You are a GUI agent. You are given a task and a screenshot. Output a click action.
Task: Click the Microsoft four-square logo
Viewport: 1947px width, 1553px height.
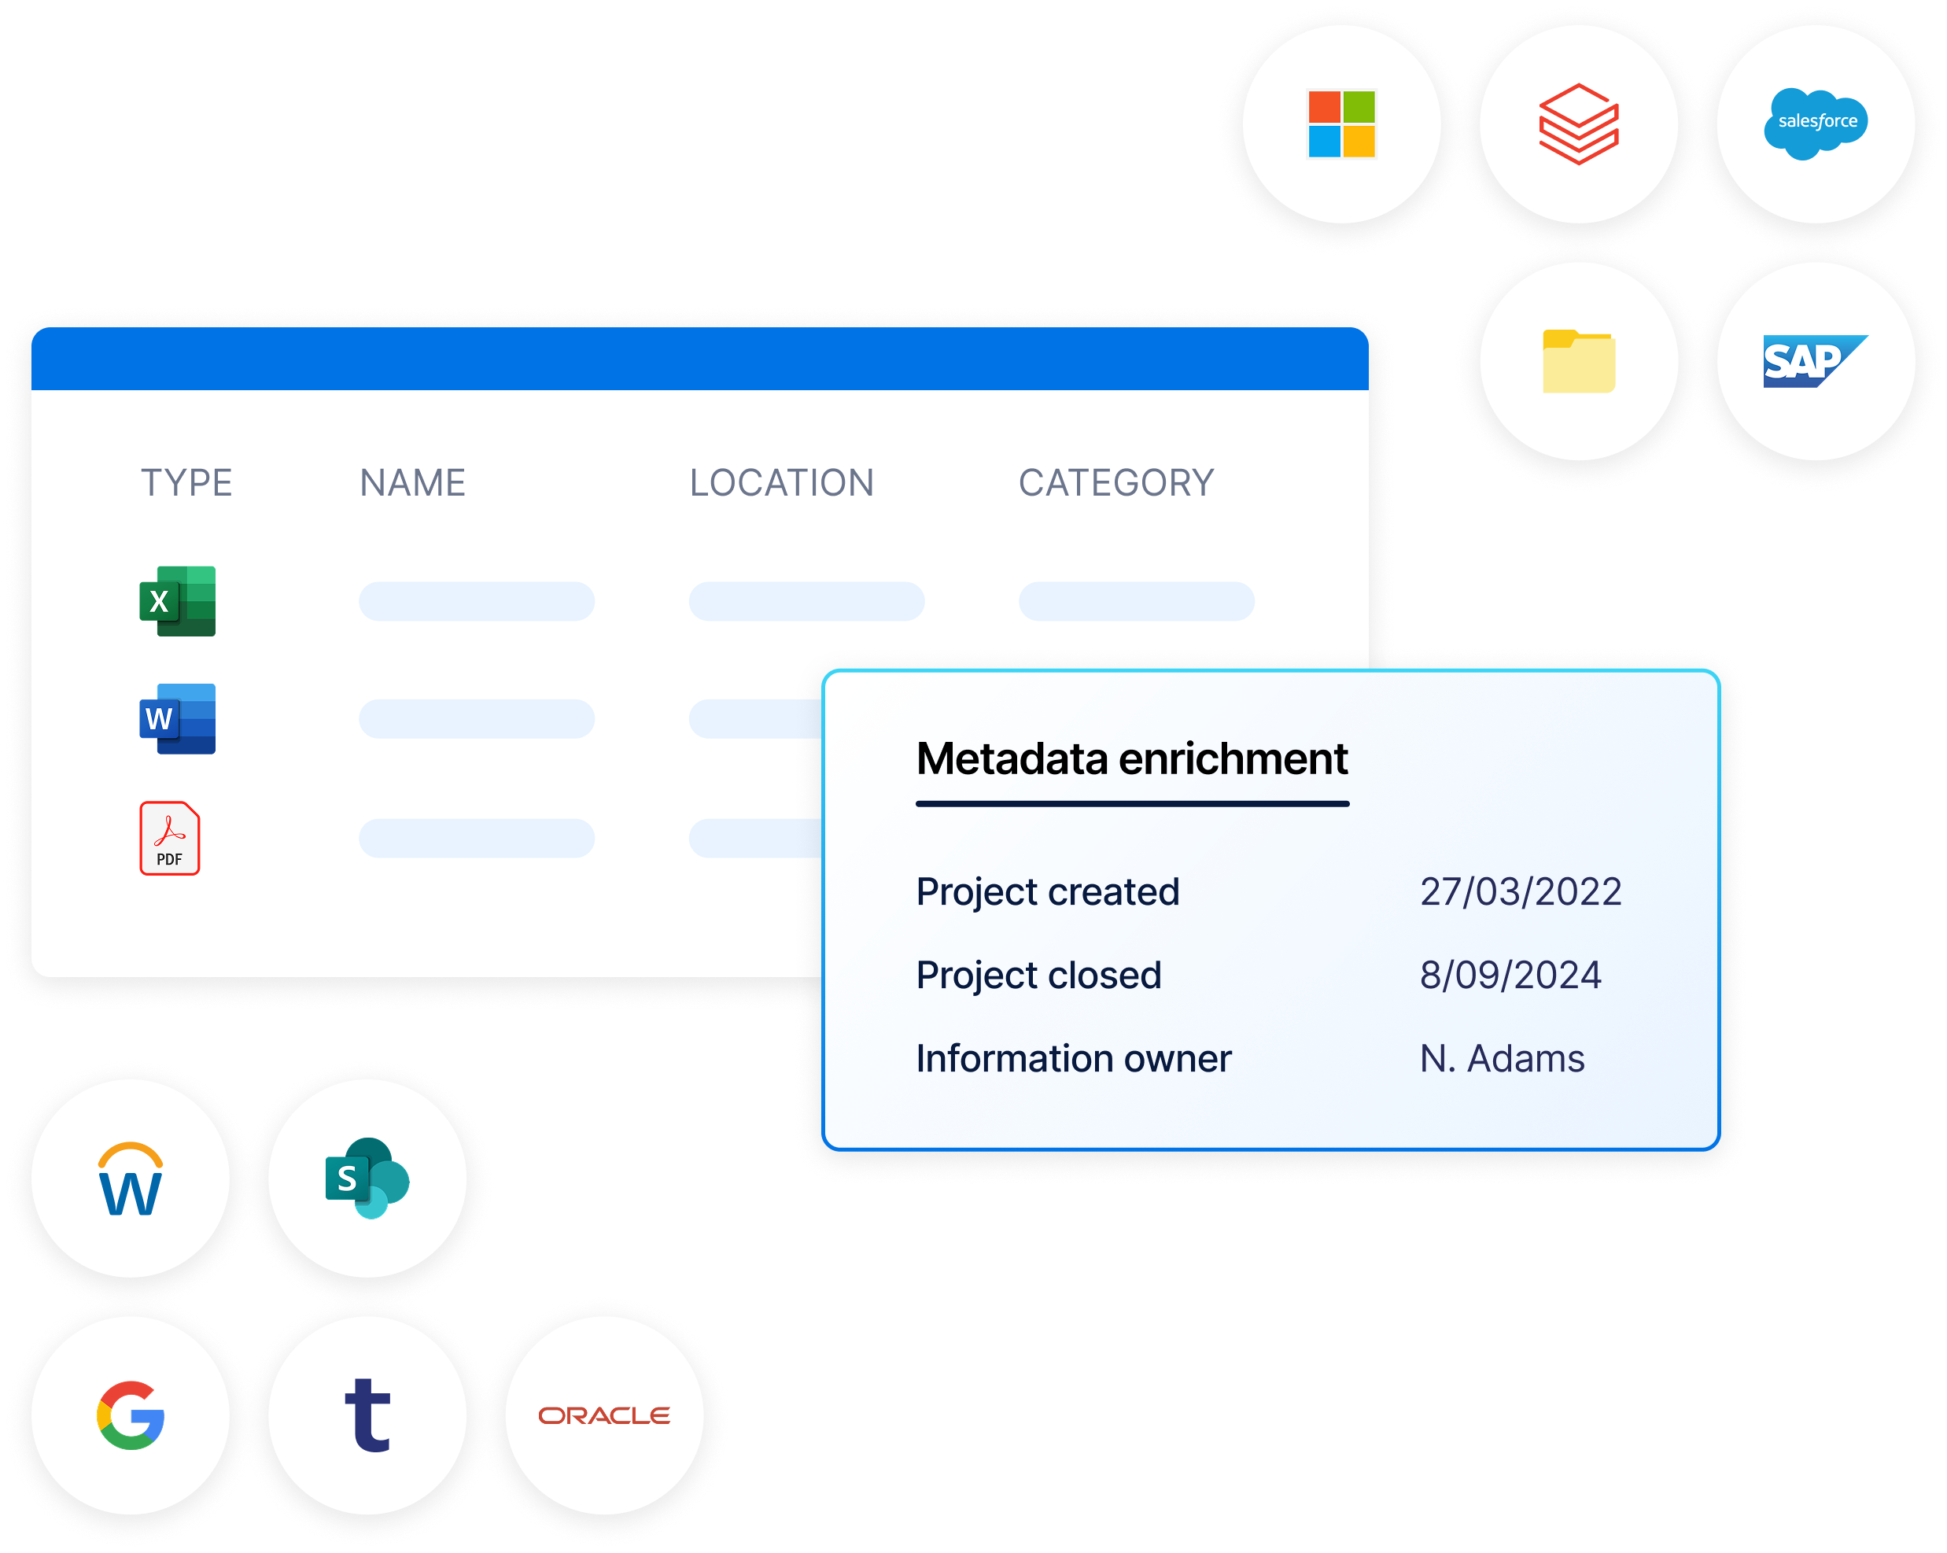coord(1341,124)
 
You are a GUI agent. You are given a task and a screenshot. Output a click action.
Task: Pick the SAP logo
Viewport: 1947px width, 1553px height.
coord(1813,361)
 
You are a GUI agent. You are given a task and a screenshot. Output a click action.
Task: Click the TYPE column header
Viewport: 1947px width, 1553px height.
coord(187,483)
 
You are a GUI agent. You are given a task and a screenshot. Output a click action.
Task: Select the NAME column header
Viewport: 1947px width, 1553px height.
coord(413,483)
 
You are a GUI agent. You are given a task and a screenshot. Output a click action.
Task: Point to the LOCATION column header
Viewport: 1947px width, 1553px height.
coord(781,483)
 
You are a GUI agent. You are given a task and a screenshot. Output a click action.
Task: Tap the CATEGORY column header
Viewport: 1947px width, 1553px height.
coord(1116,483)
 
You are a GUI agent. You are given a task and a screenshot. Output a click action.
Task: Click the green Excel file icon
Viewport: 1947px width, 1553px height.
coord(178,601)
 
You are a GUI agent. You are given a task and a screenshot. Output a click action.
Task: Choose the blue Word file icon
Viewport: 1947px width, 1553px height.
coord(178,719)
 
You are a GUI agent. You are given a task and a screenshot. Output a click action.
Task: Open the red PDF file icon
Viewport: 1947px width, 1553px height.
coord(170,838)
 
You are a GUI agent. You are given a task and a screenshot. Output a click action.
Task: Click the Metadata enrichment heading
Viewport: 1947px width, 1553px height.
coord(1131,758)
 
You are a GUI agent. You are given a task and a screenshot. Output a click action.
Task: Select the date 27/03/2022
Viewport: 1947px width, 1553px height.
coord(1521,892)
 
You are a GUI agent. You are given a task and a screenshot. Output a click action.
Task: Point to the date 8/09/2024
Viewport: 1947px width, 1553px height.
coord(1510,975)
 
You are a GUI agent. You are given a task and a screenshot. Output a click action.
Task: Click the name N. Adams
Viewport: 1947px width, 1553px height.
coord(1502,1058)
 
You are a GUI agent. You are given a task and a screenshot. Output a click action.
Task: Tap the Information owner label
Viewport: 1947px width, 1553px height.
coord(1073,1058)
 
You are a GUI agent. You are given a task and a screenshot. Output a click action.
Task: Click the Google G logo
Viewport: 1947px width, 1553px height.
coord(131,1415)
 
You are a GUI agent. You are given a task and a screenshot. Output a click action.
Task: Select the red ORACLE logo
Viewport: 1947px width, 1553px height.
coord(603,1415)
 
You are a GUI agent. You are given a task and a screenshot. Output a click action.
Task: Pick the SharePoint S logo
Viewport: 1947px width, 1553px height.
coord(367,1179)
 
